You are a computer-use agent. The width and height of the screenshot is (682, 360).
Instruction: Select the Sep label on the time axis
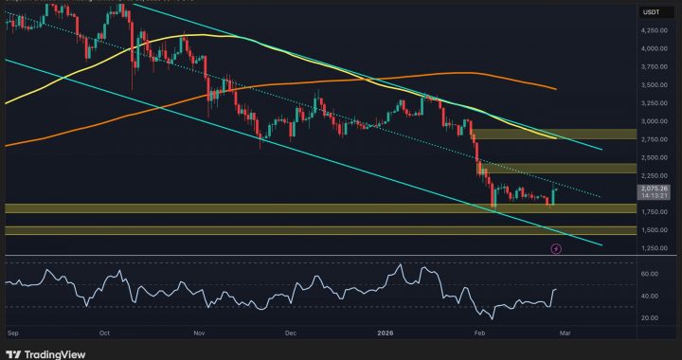13,334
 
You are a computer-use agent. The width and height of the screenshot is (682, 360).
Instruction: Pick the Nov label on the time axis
199,334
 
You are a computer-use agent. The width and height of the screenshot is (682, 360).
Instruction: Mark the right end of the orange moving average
555,89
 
